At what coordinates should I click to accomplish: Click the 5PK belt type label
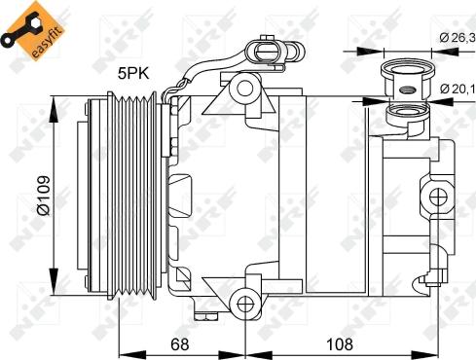[133, 74]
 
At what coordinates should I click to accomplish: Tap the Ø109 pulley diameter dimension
[44, 196]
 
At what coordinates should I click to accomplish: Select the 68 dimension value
[180, 343]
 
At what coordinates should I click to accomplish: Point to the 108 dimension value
[340, 343]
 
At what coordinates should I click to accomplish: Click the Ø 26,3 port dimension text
[458, 38]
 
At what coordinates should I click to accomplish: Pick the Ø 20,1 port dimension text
[458, 89]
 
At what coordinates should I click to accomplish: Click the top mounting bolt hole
[244, 88]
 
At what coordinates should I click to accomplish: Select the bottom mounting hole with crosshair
[245, 304]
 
